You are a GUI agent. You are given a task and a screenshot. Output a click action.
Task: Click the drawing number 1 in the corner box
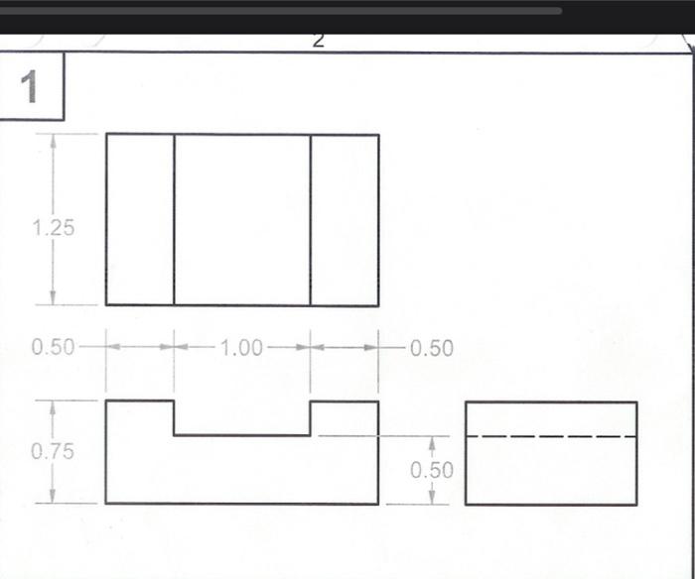[30, 87]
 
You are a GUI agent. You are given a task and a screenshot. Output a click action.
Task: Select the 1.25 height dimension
[53, 227]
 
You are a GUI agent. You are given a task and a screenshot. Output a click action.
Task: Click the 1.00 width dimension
[241, 348]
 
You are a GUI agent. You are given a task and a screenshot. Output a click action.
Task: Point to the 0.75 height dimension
[53, 451]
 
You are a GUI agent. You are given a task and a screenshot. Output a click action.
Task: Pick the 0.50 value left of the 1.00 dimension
[53, 348]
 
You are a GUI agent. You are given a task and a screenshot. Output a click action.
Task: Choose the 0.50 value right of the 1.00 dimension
[431, 348]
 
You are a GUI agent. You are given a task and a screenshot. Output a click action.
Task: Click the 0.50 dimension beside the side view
[432, 470]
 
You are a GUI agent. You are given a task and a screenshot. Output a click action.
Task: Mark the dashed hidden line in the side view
[551, 436]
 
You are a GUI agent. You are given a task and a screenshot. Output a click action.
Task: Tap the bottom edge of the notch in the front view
[242, 434]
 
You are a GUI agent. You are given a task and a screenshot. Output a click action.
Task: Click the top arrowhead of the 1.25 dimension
[53, 141]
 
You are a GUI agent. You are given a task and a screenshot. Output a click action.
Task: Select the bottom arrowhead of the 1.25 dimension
[53, 298]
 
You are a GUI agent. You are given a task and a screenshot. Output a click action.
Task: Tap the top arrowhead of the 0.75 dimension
[53, 407]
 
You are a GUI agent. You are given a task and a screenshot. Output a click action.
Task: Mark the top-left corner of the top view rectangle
[106, 134]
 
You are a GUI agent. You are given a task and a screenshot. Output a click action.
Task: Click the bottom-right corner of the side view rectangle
[636, 504]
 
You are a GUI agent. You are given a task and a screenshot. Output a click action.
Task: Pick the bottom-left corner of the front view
[106, 503]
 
